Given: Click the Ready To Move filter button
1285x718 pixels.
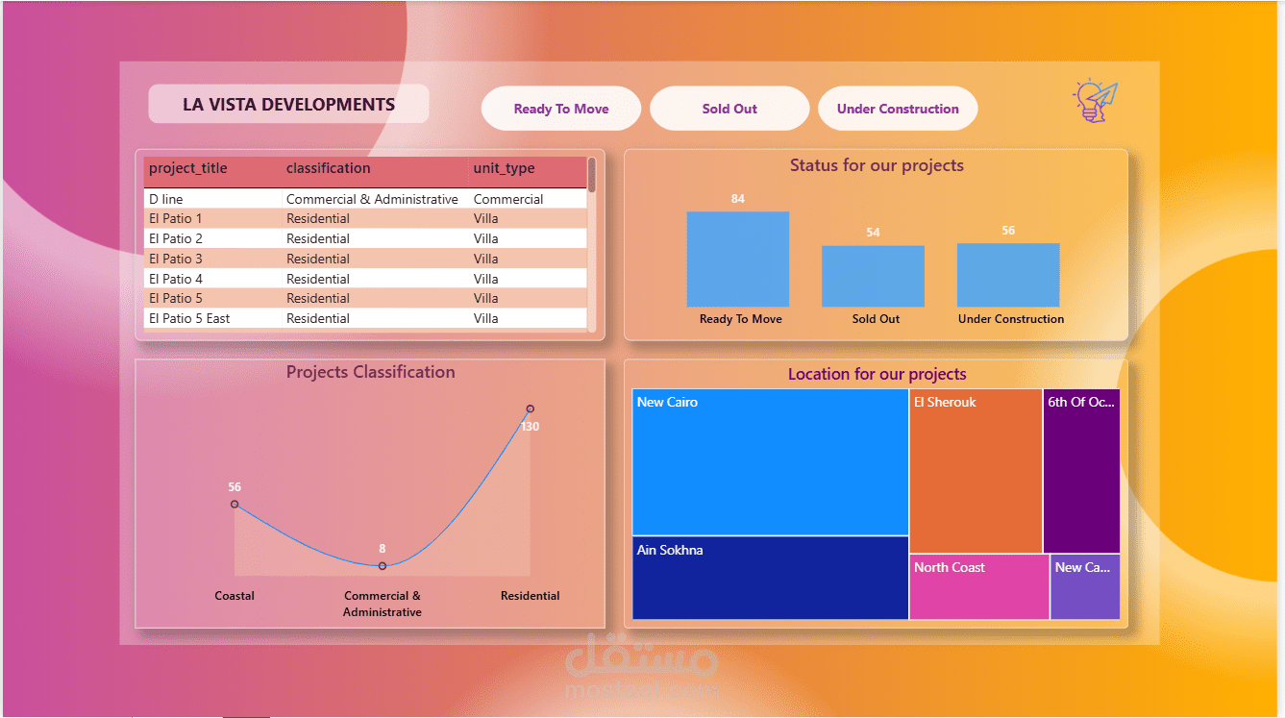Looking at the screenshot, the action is tap(561, 109).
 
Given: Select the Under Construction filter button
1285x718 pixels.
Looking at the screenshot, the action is tap(898, 109).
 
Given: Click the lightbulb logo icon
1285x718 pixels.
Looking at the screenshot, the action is tap(1095, 101).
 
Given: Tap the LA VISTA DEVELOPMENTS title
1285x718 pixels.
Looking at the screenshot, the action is tap(288, 105).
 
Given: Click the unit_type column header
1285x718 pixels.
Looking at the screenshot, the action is tap(504, 168).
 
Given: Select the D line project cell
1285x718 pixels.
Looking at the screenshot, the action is tap(165, 199).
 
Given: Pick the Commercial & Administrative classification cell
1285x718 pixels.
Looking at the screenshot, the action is tap(372, 199).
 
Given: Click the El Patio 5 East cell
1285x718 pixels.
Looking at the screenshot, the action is tap(189, 318).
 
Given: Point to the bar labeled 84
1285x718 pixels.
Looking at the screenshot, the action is tap(738, 260).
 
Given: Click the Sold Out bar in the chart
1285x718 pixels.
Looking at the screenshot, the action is tap(873, 276).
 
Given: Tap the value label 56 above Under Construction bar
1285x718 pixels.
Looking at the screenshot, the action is tap(1008, 231).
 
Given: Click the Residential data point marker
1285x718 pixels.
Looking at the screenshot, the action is tap(531, 409).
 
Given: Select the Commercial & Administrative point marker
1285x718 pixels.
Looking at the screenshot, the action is tap(383, 566).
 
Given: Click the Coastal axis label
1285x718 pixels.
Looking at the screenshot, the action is tap(235, 596).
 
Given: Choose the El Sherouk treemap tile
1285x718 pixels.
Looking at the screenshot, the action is tap(976, 471).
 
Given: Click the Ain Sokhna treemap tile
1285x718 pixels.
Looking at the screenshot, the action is tap(770, 578).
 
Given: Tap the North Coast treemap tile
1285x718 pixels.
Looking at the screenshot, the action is tap(979, 586).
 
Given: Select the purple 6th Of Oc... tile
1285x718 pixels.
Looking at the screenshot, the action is tap(1081, 471).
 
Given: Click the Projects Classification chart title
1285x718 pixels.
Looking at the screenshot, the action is tap(371, 372).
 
